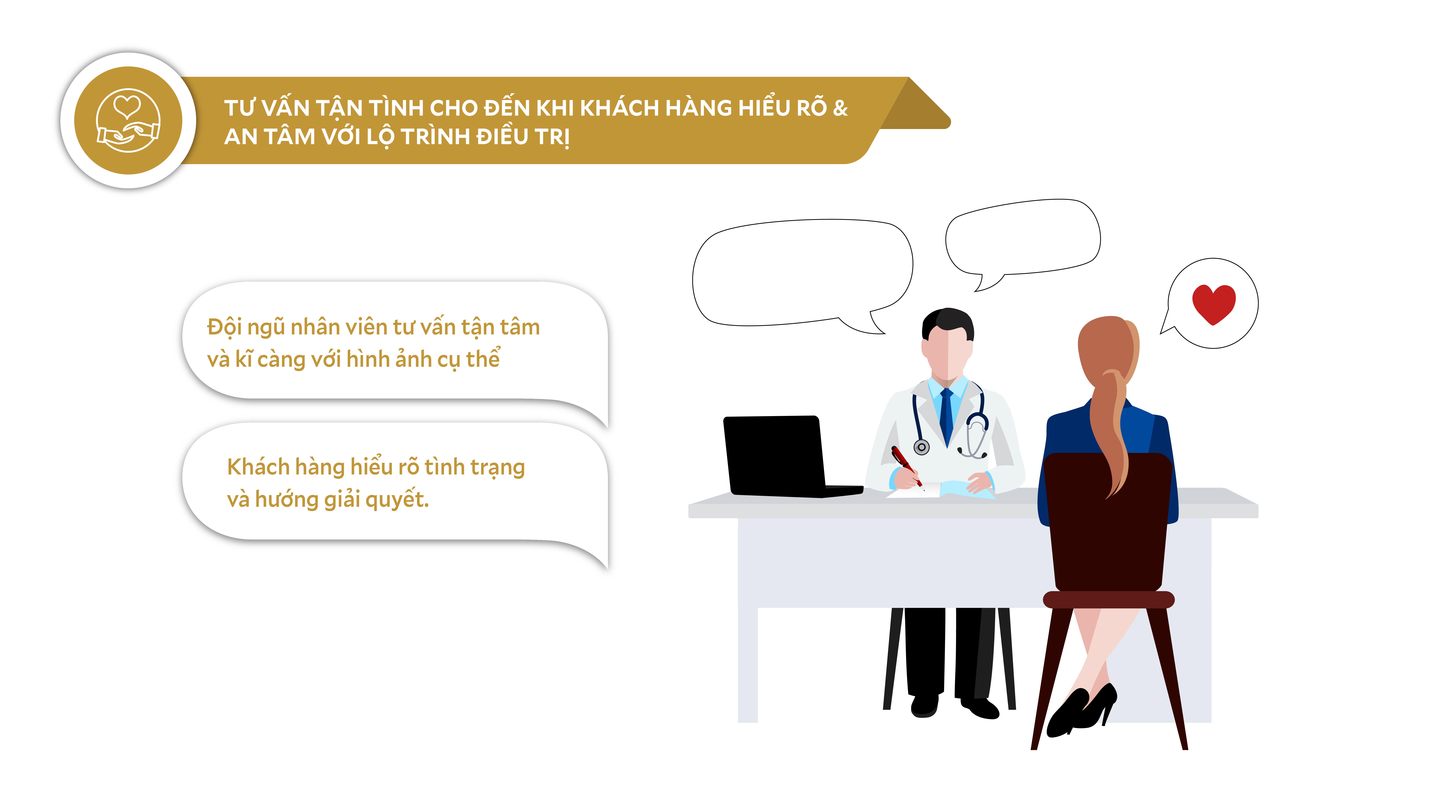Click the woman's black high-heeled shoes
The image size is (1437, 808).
(1082, 711)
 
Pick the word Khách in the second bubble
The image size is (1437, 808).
(258, 467)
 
